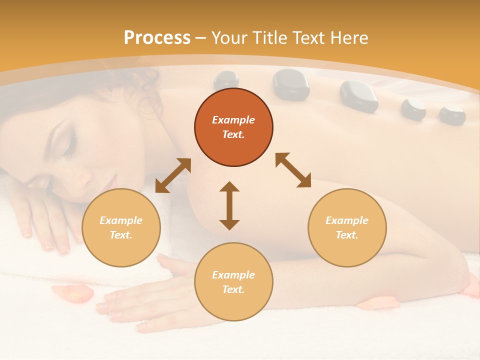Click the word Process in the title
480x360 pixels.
pos(157,38)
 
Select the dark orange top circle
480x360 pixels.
pos(233,127)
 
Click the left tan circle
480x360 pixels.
pos(121,227)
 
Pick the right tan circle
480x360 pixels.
pos(347,227)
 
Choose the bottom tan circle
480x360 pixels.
pos(233,282)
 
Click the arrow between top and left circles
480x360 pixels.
pos(173,175)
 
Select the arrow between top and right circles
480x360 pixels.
pos(293,170)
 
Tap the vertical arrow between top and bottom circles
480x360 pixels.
pos(229,205)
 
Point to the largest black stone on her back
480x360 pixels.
pos(291,84)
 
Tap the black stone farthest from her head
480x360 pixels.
pos(452,115)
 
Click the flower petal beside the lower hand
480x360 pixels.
pos(73,293)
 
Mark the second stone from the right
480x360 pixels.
pos(413,108)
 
